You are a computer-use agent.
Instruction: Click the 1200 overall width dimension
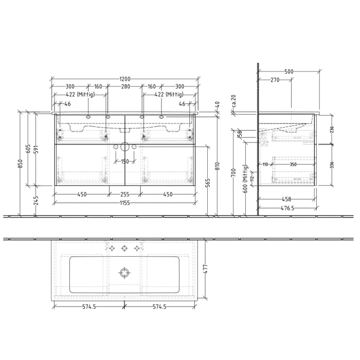124,79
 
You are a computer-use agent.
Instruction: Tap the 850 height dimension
21,164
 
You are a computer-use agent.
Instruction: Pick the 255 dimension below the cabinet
124,194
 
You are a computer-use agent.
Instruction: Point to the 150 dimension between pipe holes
124,161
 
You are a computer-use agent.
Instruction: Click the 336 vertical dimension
332,165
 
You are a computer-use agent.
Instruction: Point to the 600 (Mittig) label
245,178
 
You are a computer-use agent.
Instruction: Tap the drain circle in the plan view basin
124,272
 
